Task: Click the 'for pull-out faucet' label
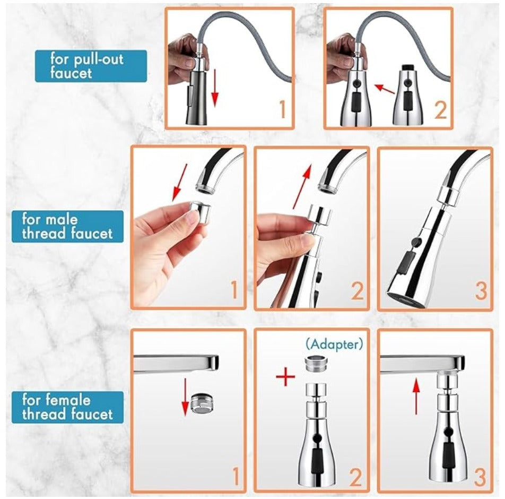tap(91, 66)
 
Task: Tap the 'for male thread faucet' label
tap(67, 227)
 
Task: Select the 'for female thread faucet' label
tap(67, 407)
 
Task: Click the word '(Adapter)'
tap(335, 344)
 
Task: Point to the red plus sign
tap(285, 377)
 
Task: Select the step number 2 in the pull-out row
tap(440, 110)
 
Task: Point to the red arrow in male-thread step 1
tap(179, 183)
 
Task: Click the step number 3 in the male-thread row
tap(480, 290)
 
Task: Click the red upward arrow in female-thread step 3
tap(416, 395)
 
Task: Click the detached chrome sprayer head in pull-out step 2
tap(407, 96)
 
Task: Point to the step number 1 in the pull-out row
tap(282, 110)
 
